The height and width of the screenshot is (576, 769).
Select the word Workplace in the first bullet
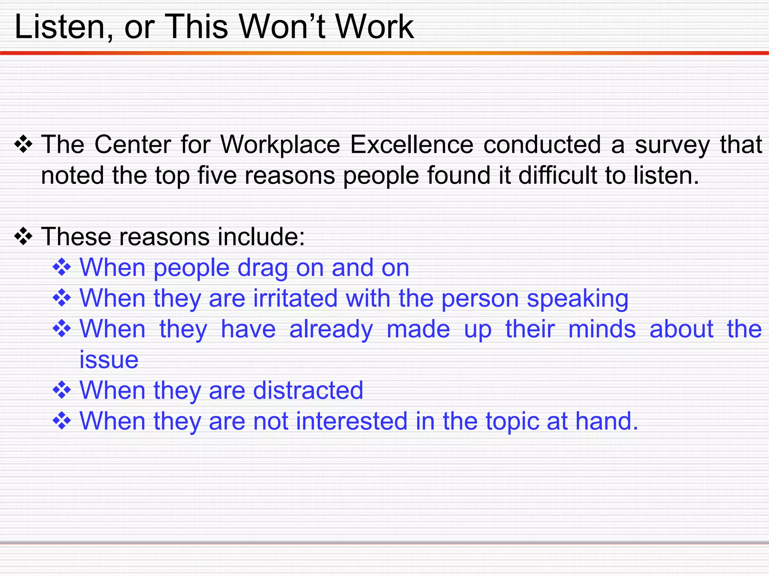[x=280, y=145]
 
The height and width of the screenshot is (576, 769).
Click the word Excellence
[x=412, y=145]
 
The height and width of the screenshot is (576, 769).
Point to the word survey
[x=672, y=145]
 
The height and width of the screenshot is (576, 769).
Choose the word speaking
[x=578, y=299]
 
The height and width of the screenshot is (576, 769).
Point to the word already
[x=331, y=330]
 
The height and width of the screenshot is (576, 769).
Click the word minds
[x=602, y=329]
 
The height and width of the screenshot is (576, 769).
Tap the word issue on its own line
[x=109, y=360]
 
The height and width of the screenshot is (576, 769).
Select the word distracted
[x=308, y=390]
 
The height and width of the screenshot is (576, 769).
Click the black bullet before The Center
[x=23, y=145]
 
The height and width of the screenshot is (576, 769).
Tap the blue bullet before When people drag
[x=62, y=268]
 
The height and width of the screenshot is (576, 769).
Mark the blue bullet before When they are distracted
[x=62, y=390]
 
